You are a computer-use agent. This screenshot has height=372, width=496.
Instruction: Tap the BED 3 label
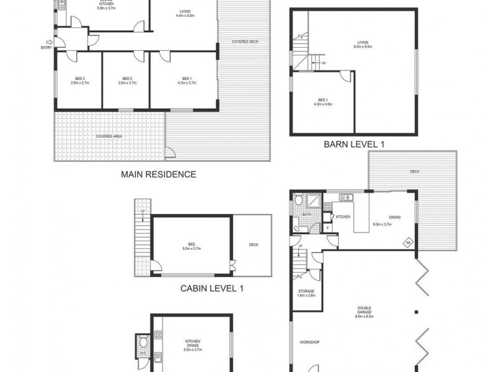tap(77, 78)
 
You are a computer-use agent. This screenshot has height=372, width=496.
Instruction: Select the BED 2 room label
tap(126, 78)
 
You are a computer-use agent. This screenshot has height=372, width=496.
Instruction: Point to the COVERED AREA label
tap(108, 135)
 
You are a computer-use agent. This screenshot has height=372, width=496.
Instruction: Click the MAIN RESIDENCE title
tap(158, 174)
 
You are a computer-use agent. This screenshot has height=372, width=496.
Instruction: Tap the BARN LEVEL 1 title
tap(354, 144)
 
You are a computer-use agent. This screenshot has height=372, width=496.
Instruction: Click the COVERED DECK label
tap(245, 42)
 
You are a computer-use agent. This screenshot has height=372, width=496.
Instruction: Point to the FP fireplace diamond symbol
tap(409, 242)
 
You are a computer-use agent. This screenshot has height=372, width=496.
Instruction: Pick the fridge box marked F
tap(327, 228)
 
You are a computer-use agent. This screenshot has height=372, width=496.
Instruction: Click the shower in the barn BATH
tap(314, 201)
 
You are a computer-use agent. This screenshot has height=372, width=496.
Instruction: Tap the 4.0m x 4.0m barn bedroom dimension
tap(324, 104)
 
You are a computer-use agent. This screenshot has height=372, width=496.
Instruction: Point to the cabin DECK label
tap(253, 245)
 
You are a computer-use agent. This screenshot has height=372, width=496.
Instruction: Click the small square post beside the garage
tap(417, 311)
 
